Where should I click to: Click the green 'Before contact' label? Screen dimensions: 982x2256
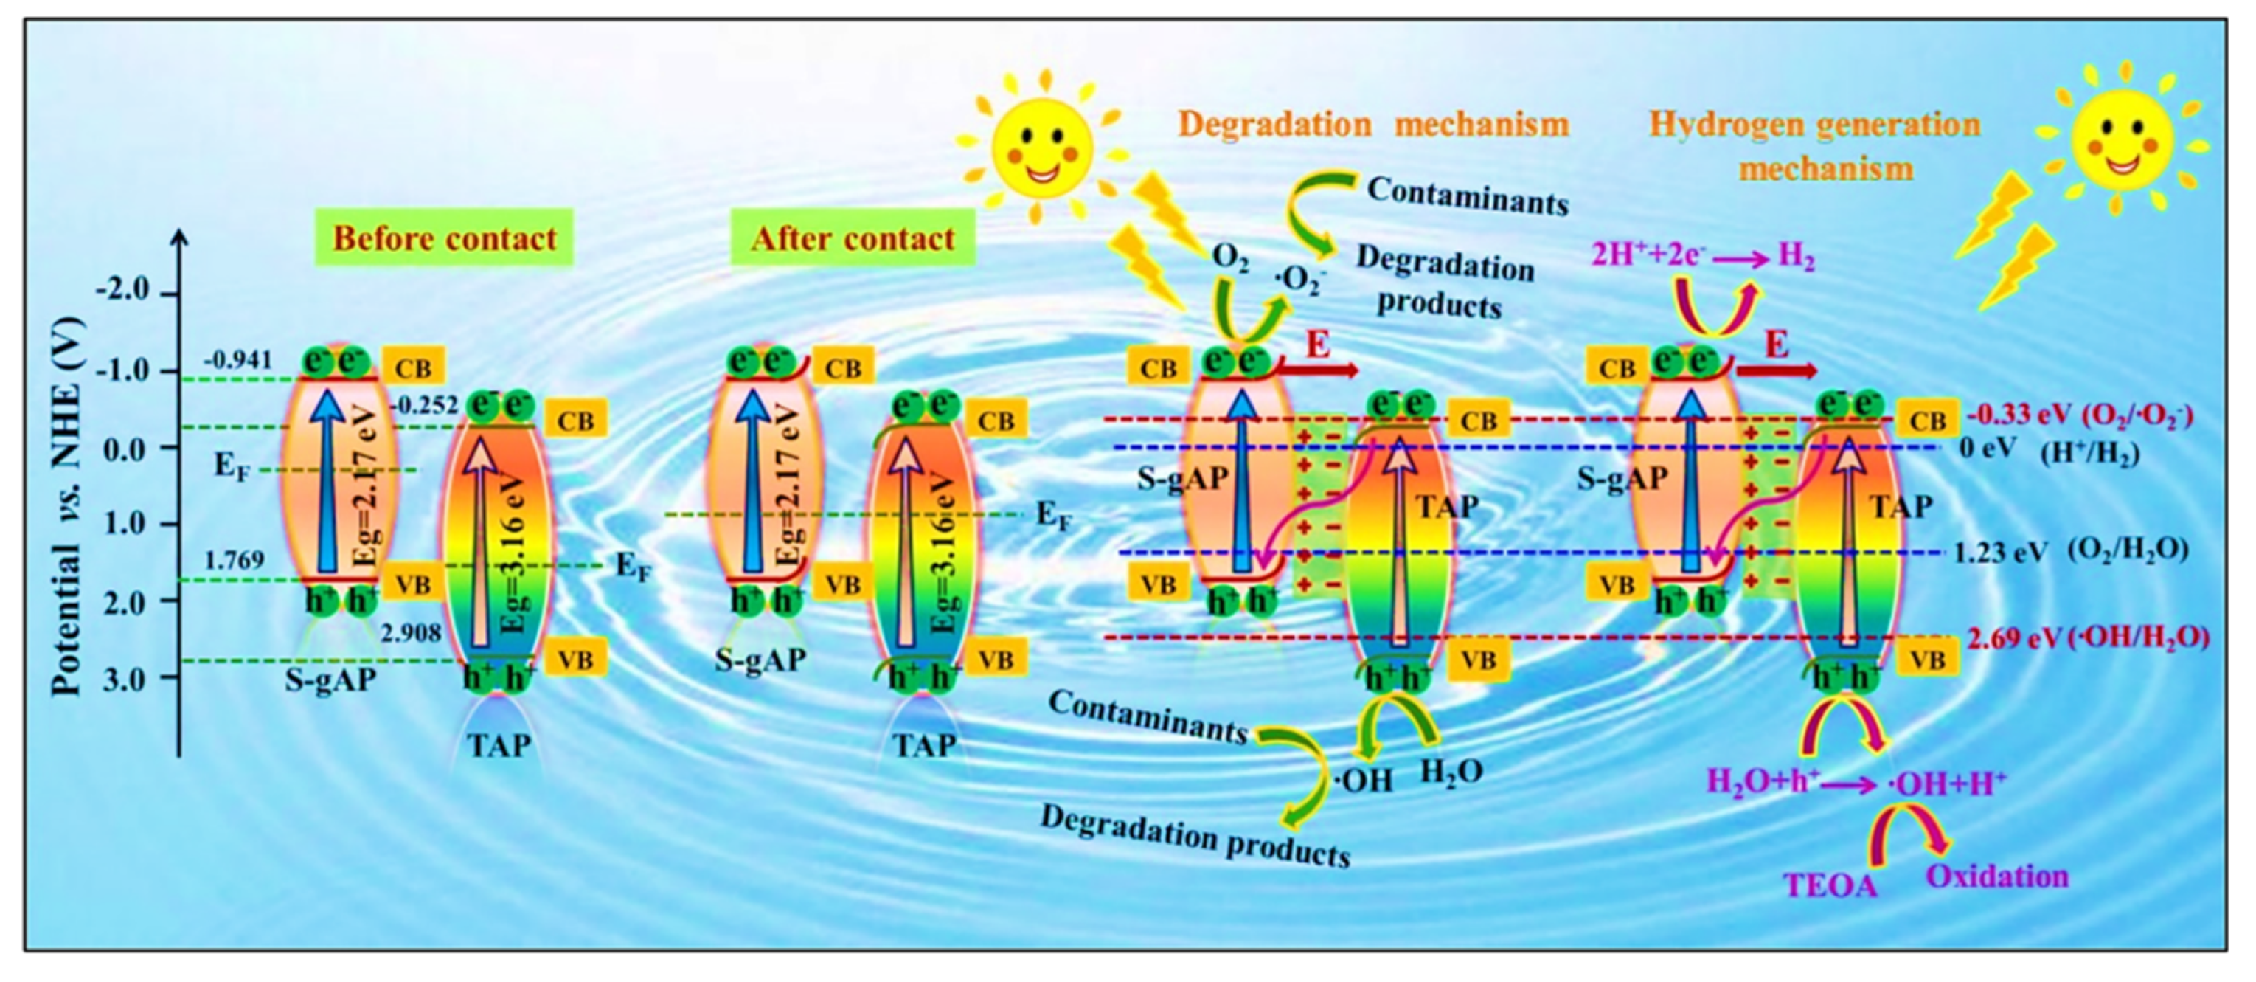444,238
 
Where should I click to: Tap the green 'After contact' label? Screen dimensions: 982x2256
852,238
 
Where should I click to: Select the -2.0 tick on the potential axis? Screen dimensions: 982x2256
129,291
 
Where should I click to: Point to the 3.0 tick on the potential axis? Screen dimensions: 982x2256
131,679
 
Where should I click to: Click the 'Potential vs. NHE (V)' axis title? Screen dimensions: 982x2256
66,505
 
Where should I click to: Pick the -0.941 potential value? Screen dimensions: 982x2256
237,360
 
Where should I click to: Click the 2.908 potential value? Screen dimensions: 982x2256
411,632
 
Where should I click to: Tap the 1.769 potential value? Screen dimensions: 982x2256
235,560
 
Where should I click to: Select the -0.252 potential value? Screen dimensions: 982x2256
425,405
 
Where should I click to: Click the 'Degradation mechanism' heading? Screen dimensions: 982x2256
1372,125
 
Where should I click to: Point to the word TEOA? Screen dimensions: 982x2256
1830,885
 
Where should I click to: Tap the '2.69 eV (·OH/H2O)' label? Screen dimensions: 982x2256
2087,637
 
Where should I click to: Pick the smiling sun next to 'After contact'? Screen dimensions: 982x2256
1041,145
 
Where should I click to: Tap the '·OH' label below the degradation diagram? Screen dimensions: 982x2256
1363,780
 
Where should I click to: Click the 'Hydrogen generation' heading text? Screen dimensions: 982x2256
1814,125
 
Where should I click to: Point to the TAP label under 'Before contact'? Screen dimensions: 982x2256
499,744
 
